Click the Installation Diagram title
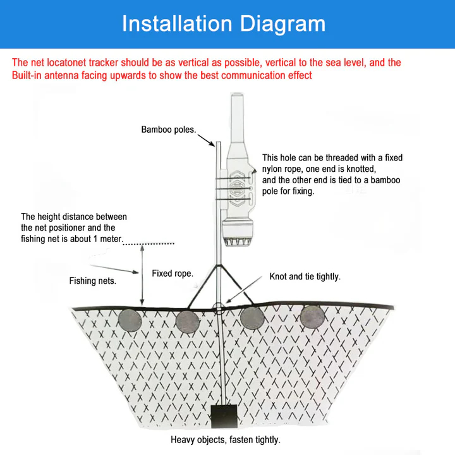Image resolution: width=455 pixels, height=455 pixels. [224, 24]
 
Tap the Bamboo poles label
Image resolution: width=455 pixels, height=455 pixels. [168, 130]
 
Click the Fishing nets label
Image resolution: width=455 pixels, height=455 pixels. [92, 281]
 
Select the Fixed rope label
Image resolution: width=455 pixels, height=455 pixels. [172, 274]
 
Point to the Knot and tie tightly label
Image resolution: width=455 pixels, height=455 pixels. [305, 277]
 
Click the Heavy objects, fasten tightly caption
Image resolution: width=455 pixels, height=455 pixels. [225, 440]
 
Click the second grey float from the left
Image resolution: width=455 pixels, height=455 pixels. [188, 321]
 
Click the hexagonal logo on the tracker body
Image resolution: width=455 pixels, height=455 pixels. [241, 188]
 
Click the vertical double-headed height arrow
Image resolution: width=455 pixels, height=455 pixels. [142, 274]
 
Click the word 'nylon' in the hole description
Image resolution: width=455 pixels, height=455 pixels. [273, 169]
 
